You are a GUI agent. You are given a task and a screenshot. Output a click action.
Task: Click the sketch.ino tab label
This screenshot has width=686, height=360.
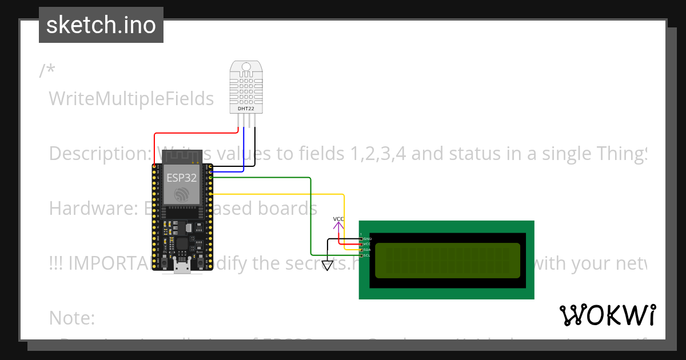click(101, 25)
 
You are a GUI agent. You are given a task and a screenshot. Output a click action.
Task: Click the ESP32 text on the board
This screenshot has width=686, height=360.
click(182, 178)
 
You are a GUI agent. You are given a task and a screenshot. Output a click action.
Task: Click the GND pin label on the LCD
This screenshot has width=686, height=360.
click(368, 239)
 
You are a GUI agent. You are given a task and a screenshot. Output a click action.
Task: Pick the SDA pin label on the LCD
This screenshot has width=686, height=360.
click(368, 250)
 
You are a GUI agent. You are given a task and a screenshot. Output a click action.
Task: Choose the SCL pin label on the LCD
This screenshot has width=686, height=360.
click(368, 255)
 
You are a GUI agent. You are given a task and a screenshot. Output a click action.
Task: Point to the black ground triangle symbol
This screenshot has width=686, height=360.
click(327, 266)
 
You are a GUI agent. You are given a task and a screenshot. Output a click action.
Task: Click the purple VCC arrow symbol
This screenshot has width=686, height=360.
click(339, 226)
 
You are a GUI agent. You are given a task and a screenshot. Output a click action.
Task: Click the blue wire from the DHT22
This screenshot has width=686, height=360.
click(244, 149)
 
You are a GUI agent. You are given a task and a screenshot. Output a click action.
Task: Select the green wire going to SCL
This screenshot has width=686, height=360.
click(310, 217)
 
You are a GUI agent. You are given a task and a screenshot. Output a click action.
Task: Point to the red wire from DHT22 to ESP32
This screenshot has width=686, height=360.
click(189, 133)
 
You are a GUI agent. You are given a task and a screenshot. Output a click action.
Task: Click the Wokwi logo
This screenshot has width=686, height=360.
click(607, 315)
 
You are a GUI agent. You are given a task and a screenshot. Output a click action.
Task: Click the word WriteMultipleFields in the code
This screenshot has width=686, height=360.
click(131, 99)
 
